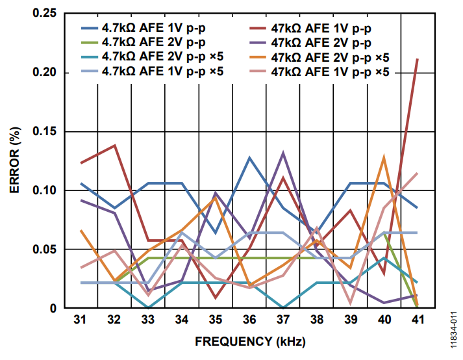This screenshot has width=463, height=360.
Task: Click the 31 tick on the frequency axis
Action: coord(80,320)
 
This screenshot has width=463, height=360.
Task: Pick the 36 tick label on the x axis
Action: coord(249,320)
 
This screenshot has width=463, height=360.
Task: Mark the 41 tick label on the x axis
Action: coord(417,320)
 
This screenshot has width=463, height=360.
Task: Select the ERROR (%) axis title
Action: coord(15,161)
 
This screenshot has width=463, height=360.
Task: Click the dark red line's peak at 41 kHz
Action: coord(417,59)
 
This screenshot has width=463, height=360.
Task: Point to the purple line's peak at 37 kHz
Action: coord(283,153)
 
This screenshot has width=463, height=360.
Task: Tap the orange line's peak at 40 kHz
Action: coord(384,157)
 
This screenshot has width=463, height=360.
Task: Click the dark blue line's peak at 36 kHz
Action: coord(249,158)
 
